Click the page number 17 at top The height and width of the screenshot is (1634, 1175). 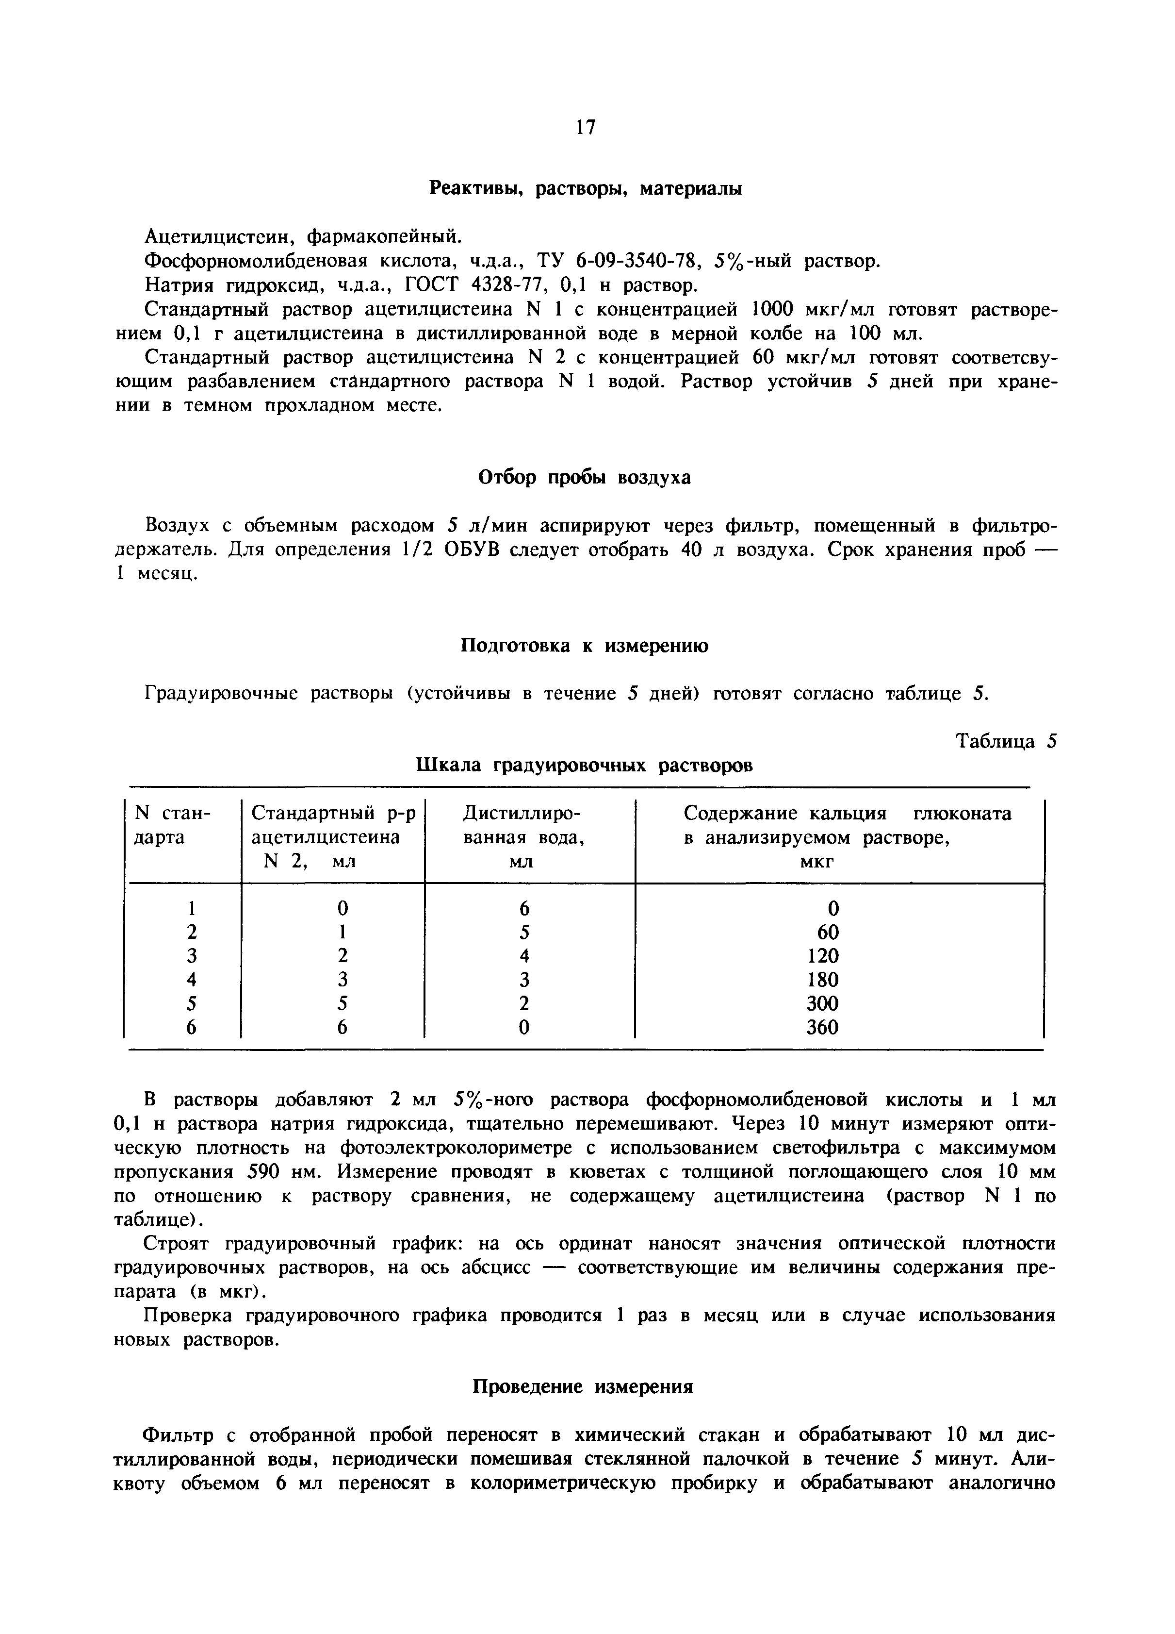point(586,128)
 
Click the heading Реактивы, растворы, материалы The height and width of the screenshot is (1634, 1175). point(586,189)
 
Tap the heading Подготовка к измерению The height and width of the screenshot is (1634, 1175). point(584,646)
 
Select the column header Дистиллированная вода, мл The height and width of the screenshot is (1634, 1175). point(523,837)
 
